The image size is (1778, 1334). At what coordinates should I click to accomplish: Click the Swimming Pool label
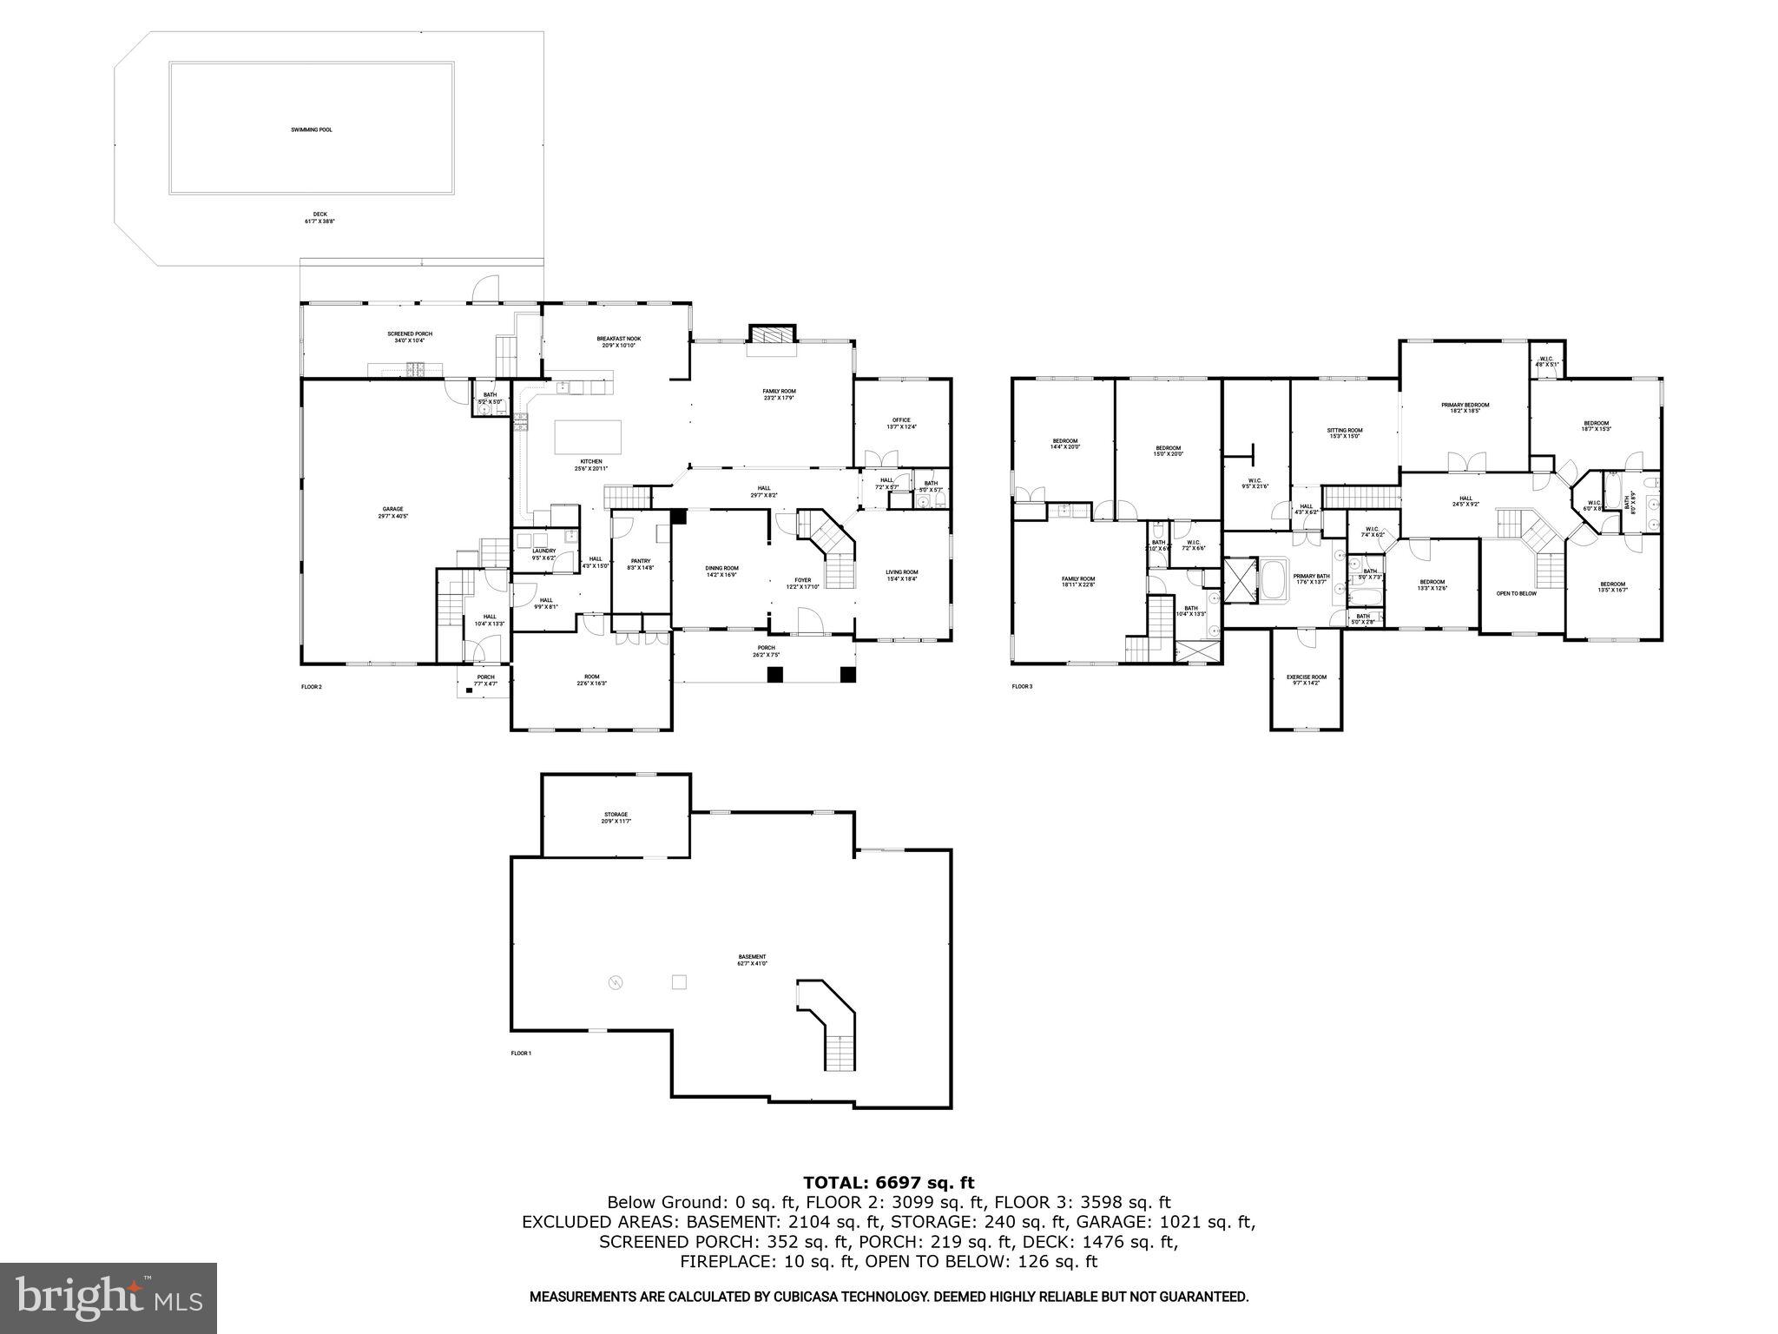311,129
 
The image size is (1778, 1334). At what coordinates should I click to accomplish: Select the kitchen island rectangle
588,435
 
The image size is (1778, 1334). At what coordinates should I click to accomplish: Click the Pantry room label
640,564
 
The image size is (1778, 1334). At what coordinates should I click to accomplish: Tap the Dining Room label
721,571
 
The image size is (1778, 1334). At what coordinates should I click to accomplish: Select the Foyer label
803,582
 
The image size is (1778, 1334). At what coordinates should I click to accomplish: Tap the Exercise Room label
1306,679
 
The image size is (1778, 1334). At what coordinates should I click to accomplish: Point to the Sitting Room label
1344,433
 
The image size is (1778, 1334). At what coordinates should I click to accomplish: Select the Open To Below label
1516,593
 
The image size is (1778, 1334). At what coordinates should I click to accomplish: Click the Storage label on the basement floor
616,816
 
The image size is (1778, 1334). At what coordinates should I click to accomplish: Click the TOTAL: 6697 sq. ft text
888,1182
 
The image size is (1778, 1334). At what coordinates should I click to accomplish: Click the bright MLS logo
109,1298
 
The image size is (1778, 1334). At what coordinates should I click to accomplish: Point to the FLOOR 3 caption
1022,686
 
